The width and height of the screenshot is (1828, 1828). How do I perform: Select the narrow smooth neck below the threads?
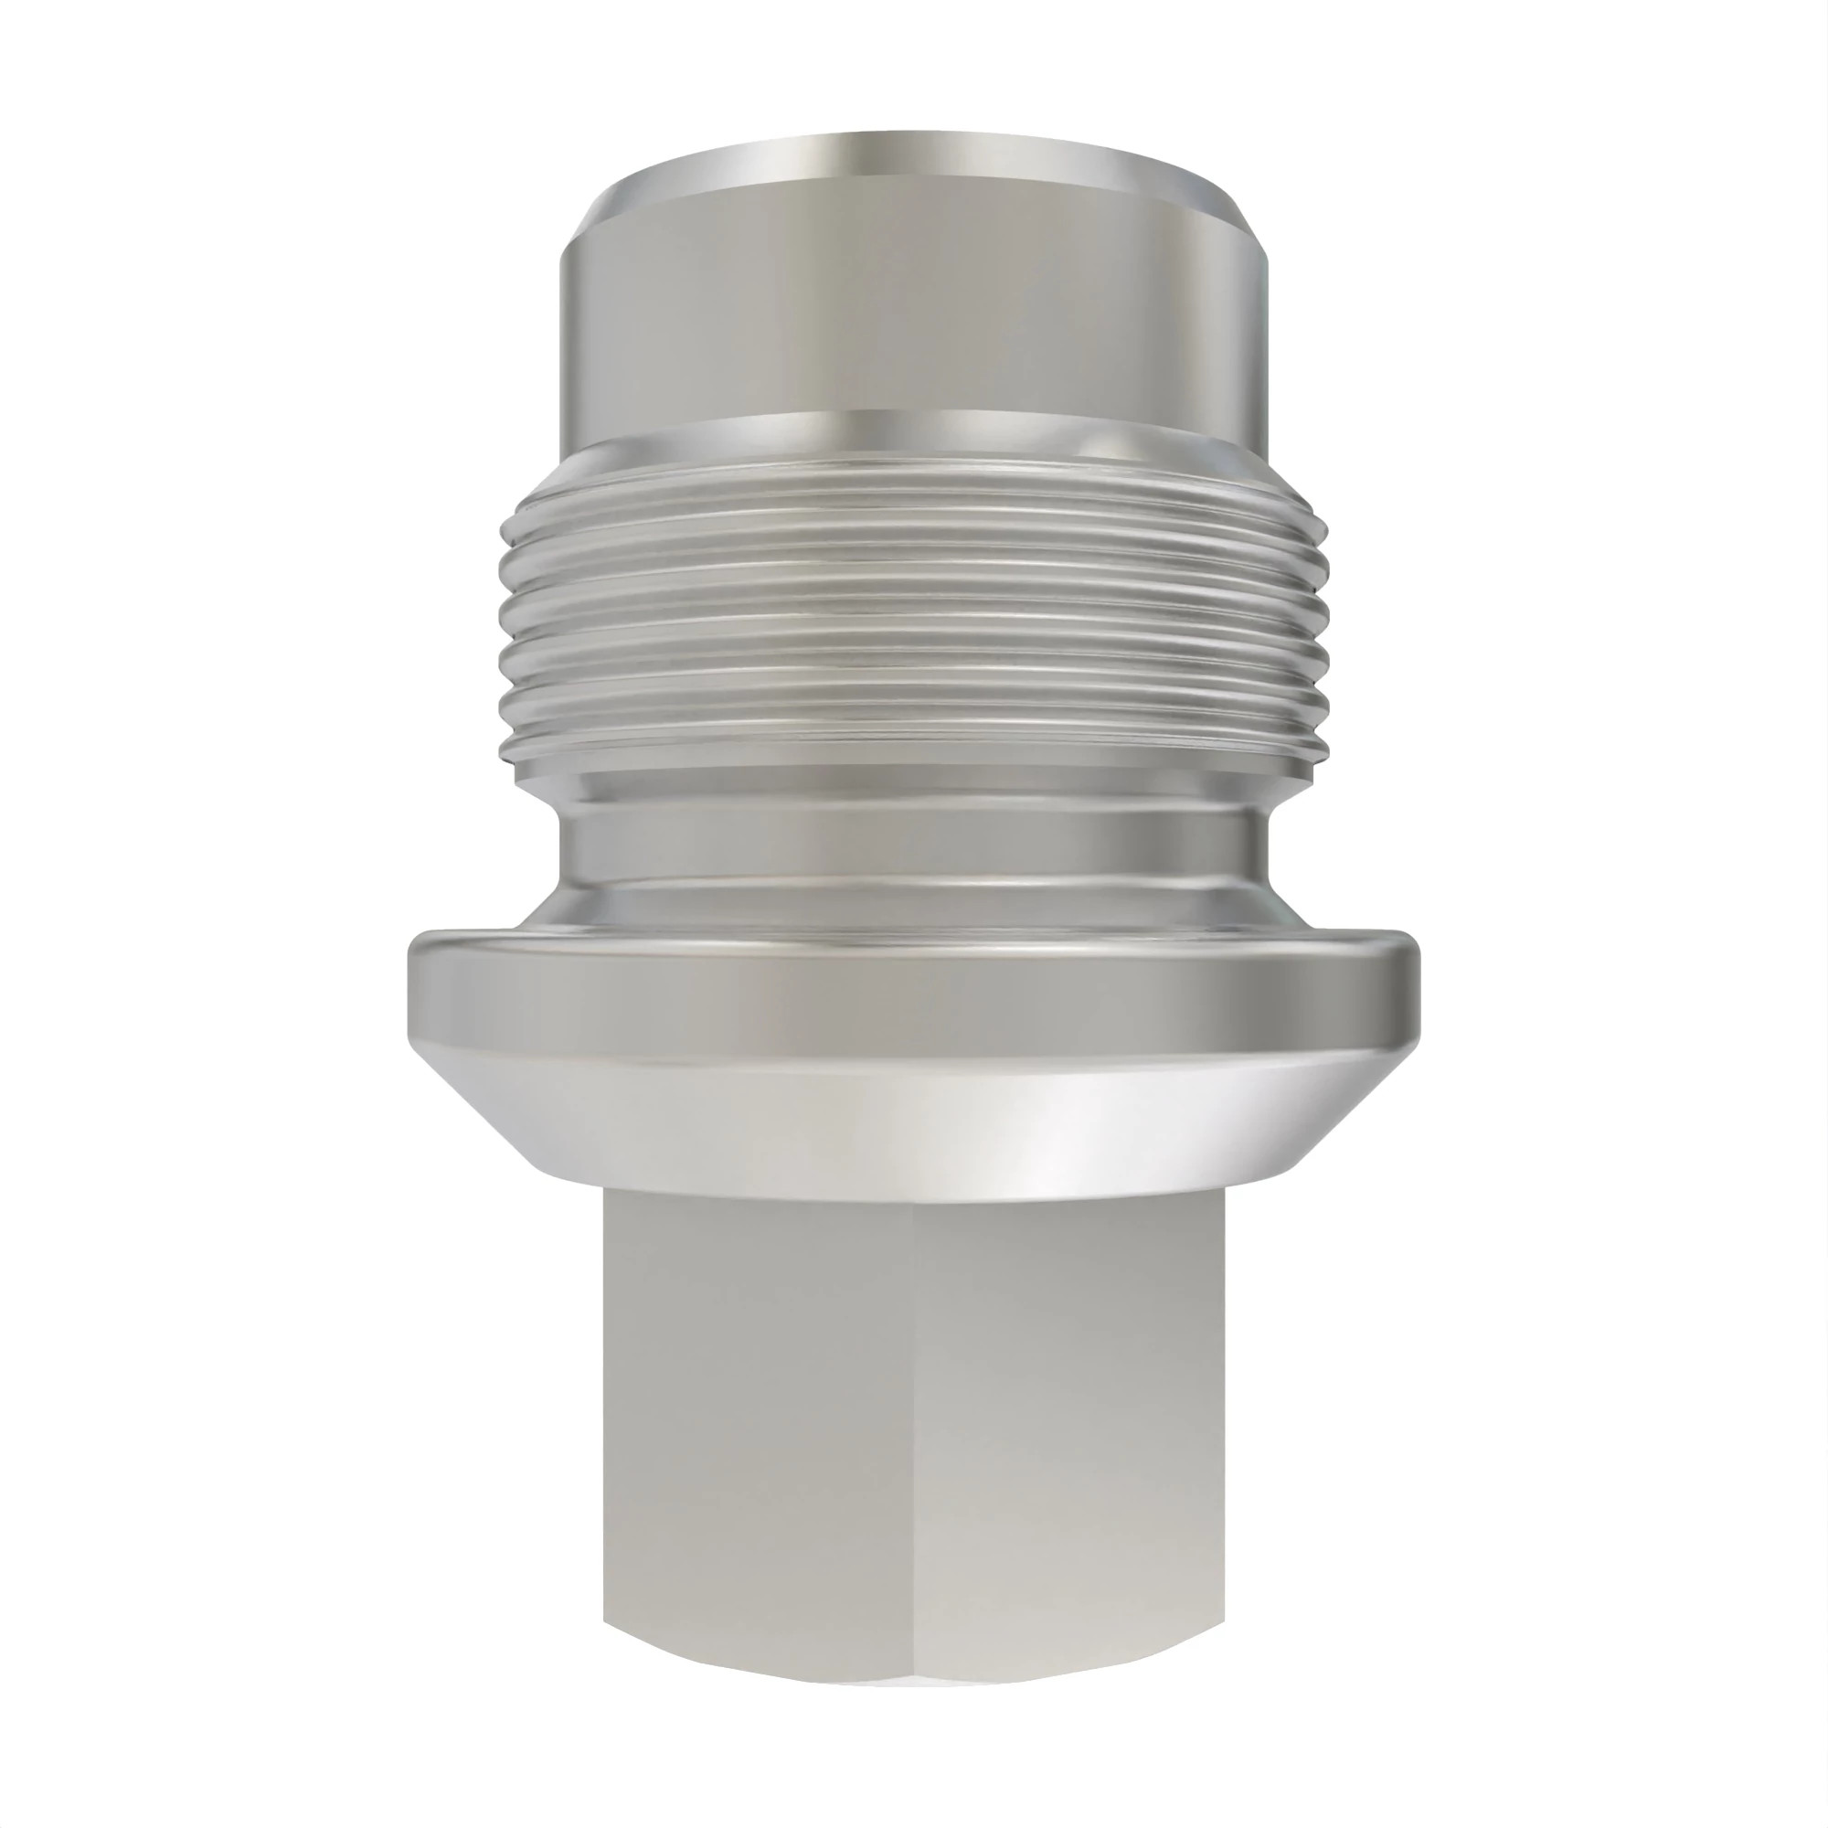914,833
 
